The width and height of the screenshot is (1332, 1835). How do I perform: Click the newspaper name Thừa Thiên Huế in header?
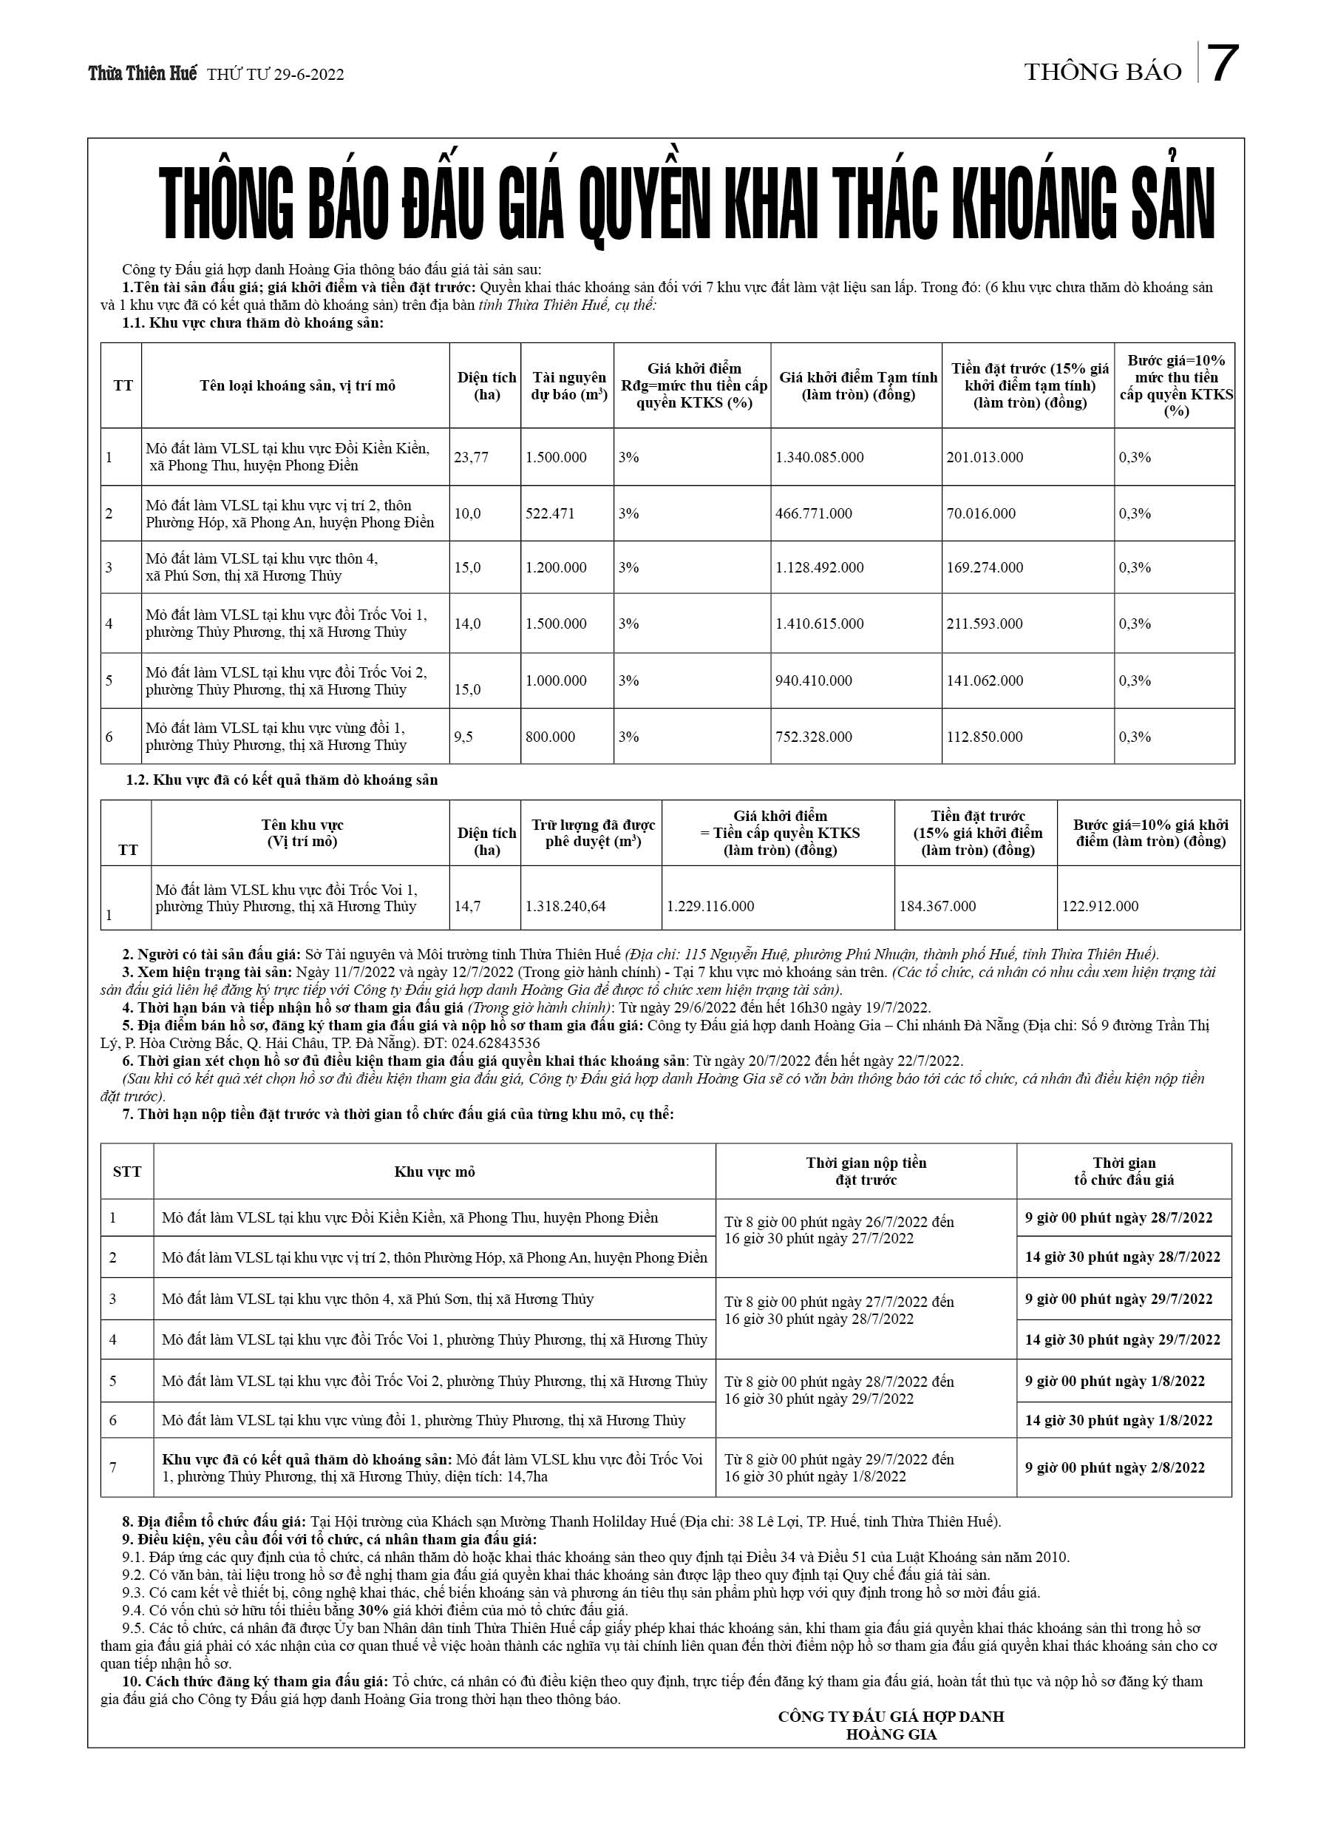(x=143, y=74)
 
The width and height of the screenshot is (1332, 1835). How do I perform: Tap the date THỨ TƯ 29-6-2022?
(x=275, y=75)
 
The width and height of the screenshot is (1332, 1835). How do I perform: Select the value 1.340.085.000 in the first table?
(x=819, y=457)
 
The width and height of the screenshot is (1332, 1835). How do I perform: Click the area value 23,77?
(x=471, y=457)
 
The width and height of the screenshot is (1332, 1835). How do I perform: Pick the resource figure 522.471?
(x=550, y=514)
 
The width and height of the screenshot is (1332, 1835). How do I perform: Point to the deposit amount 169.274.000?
(x=985, y=567)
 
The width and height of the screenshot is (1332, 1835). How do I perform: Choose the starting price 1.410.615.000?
(x=819, y=624)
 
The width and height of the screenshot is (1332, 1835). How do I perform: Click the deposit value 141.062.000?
(x=985, y=680)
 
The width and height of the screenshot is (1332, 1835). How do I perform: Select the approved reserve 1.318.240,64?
(x=565, y=906)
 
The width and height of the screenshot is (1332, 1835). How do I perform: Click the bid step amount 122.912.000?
(x=1100, y=906)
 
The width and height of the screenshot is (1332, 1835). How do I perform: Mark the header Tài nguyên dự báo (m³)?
(x=568, y=386)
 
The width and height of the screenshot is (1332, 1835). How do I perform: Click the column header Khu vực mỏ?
(x=435, y=1172)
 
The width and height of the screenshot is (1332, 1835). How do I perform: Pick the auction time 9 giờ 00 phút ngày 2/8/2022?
(x=1115, y=1467)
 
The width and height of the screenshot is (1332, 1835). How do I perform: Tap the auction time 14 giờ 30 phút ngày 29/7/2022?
(x=1123, y=1340)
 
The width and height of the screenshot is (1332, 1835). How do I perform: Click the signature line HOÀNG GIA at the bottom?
(x=891, y=1734)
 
